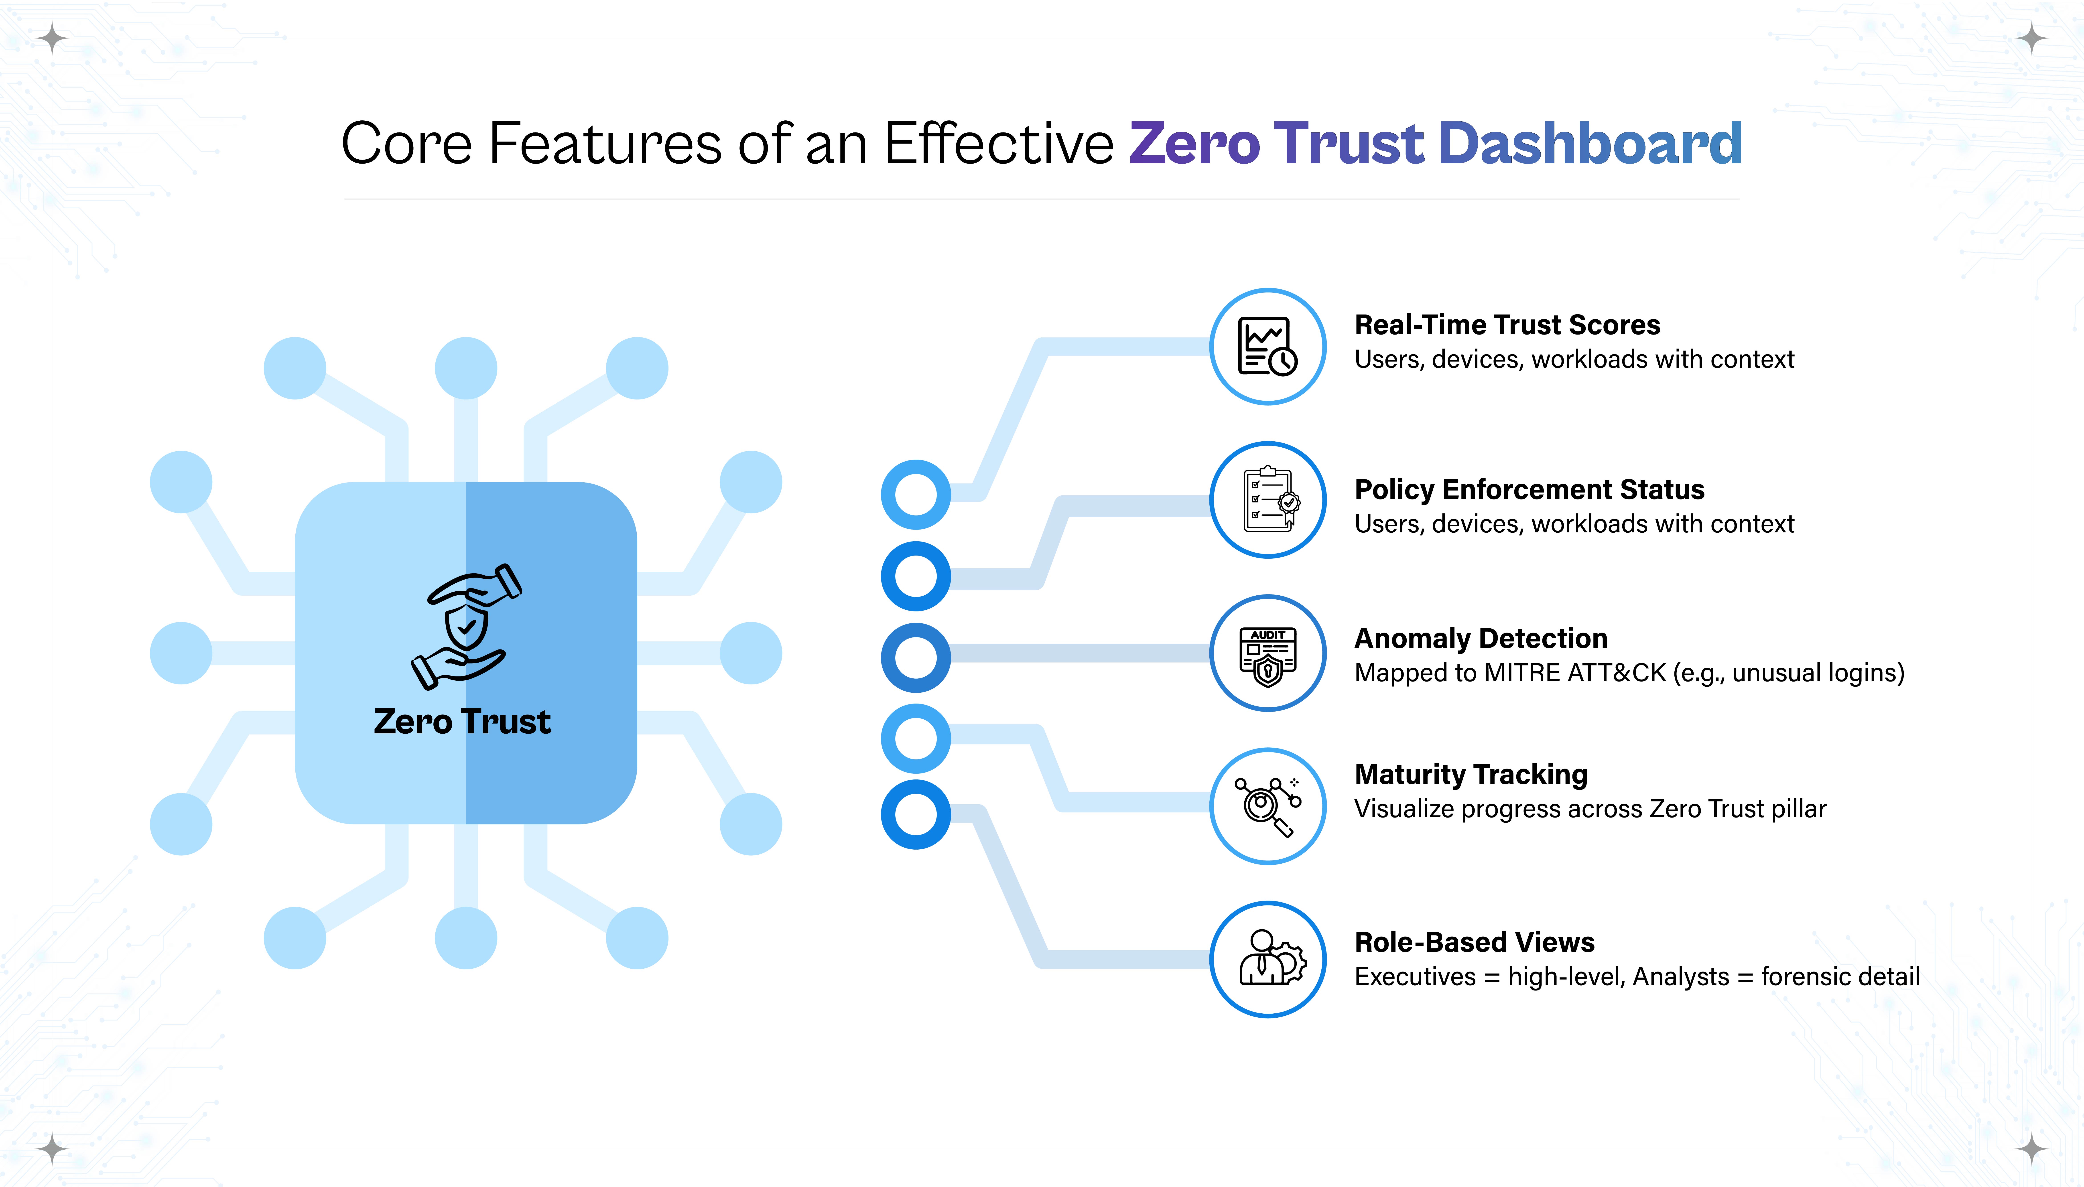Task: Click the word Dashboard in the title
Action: click(1590, 144)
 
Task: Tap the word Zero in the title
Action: click(1194, 144)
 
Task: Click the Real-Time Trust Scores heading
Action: click(1507, 325)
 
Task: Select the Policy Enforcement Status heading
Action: click(1529, 489)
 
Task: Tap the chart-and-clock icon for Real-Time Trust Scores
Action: click(1268, 347)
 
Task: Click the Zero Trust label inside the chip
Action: click(462, 722)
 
